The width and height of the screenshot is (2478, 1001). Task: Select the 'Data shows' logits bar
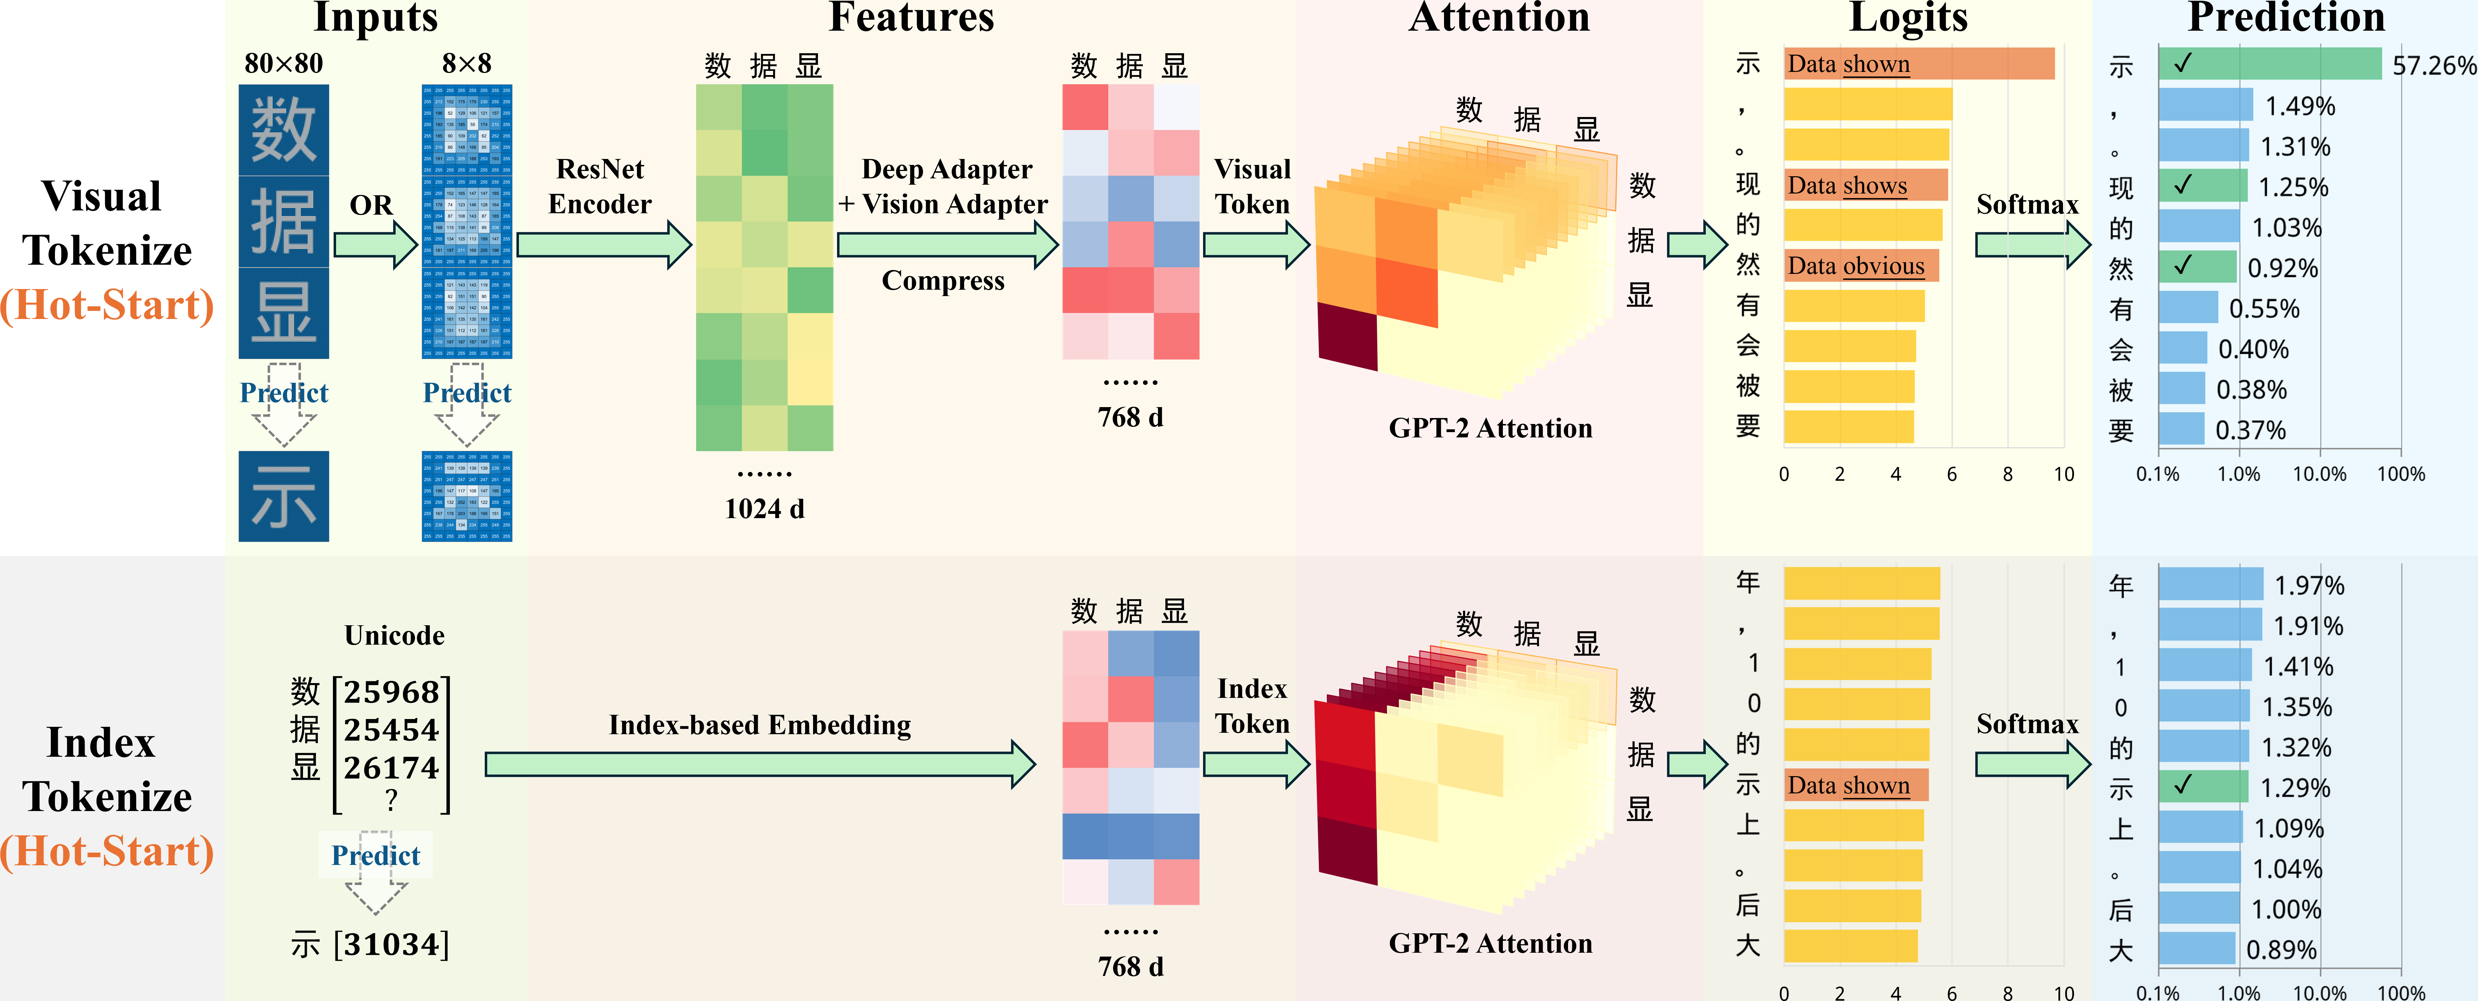click(x=1864, y=185)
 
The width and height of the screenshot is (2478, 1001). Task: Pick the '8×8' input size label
click(x=466, y=63)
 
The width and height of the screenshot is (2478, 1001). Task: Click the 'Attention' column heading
click(x=1499, y=17)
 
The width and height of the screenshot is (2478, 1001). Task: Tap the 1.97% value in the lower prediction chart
click(x=2309, y=585)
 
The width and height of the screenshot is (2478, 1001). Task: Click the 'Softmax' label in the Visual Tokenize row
click(x=2027, y=204)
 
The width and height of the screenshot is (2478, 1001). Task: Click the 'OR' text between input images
click(x=371, y=205)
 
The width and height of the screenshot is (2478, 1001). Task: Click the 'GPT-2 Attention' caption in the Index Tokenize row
click(x=1490, y=943)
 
